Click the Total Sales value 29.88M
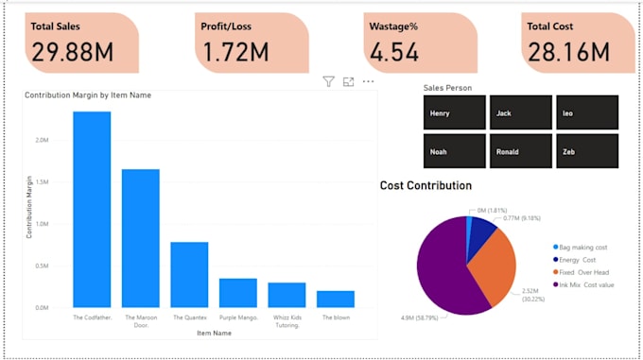click(73, 51)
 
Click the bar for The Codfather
click(92, 209)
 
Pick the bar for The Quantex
click(189, 274)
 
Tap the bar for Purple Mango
click(237, 293)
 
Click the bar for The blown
click(335, 299)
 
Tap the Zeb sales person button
click(586, 151)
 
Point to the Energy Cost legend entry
click(580, 259)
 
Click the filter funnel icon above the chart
click(328, 82)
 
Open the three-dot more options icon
click(368, 82)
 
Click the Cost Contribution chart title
click(426, 185)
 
